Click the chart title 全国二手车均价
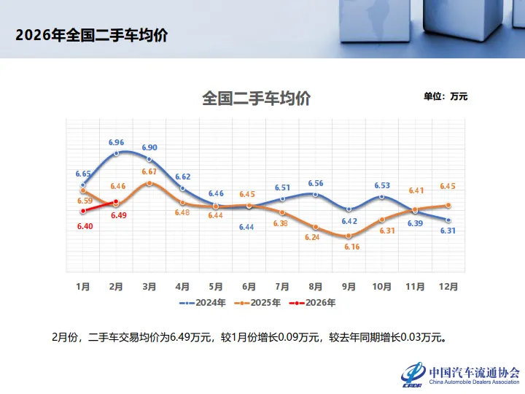[256, 98]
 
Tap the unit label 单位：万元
[445, 96]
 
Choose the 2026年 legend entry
[313, 301]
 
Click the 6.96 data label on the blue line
[117, 142]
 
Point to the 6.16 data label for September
[351, 247]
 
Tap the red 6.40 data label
[83, 227]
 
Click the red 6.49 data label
[119, 215]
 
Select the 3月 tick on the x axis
[149, 287]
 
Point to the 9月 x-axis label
[349, 287]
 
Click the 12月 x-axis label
[448, 287]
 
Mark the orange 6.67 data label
[149, 172]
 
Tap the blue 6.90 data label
[149, 147]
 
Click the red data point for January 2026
[83, 211]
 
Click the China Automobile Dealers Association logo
[459, 374]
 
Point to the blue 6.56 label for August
[316, 183]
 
